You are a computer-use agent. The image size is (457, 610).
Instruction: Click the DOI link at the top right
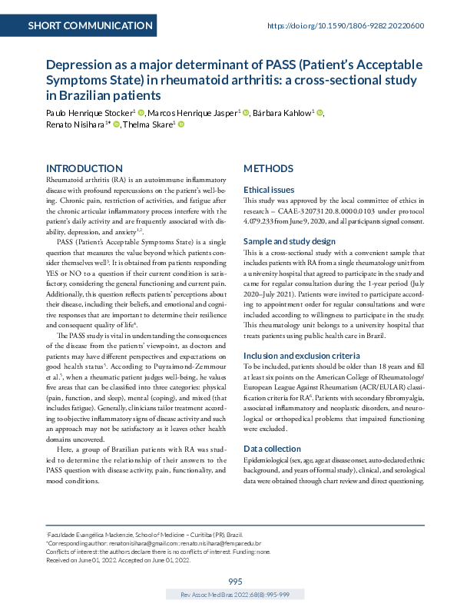tap(346, 25)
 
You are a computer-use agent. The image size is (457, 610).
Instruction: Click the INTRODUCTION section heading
tap(84, 168)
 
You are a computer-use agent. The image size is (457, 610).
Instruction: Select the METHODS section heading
tap(268, 168)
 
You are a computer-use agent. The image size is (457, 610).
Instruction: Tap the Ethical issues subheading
tap(268, 189)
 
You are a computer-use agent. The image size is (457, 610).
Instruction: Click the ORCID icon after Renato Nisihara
tap(116, 126)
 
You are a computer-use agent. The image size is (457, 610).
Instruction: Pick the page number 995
tap(235, 581)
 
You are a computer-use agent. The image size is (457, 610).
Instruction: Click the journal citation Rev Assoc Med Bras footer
tap(235, 595)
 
